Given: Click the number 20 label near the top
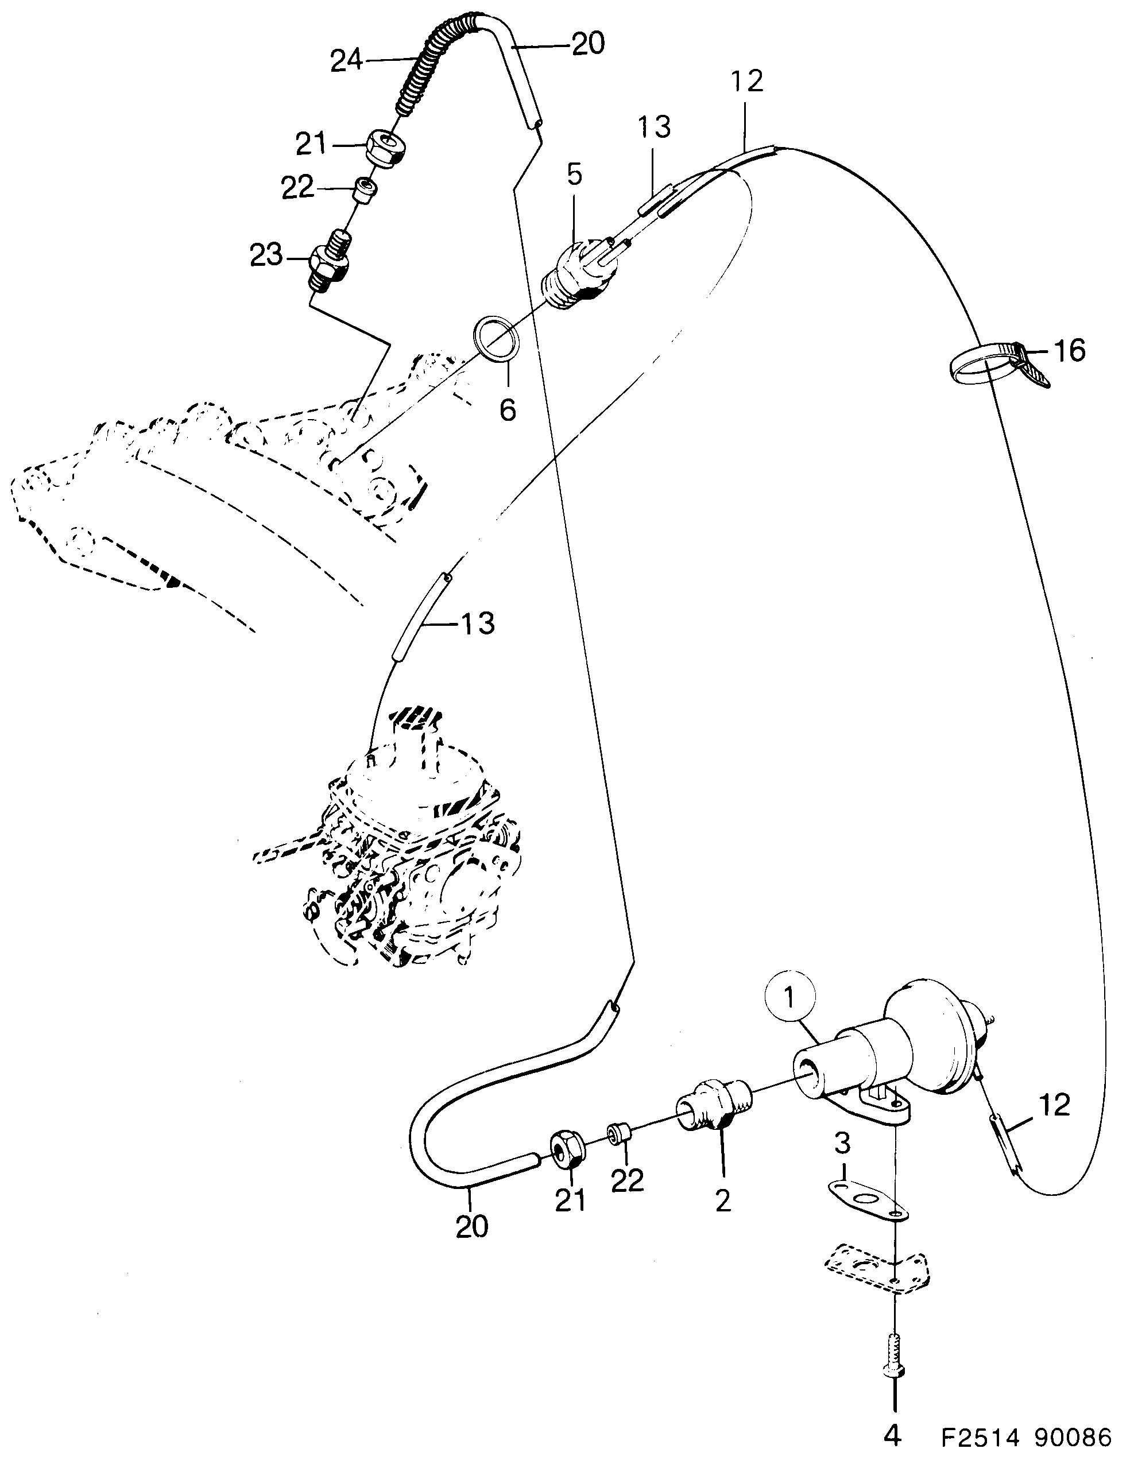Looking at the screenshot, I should pyautogui.click(x=588, y=44).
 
